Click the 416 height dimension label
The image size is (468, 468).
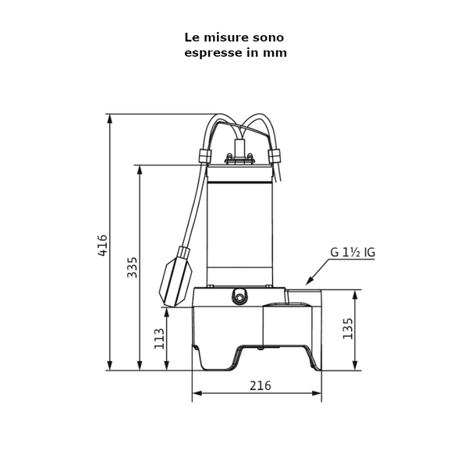[102, 245]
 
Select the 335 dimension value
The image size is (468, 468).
[132, 268]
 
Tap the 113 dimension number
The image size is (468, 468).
[160, 339]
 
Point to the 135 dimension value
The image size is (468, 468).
[348, 329]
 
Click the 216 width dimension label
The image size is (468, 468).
[260, 385]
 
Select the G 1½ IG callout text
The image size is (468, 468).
[353, 253]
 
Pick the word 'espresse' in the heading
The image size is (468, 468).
[213, 53]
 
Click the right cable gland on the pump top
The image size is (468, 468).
[275, 156]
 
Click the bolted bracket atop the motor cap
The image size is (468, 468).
[239, 159]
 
